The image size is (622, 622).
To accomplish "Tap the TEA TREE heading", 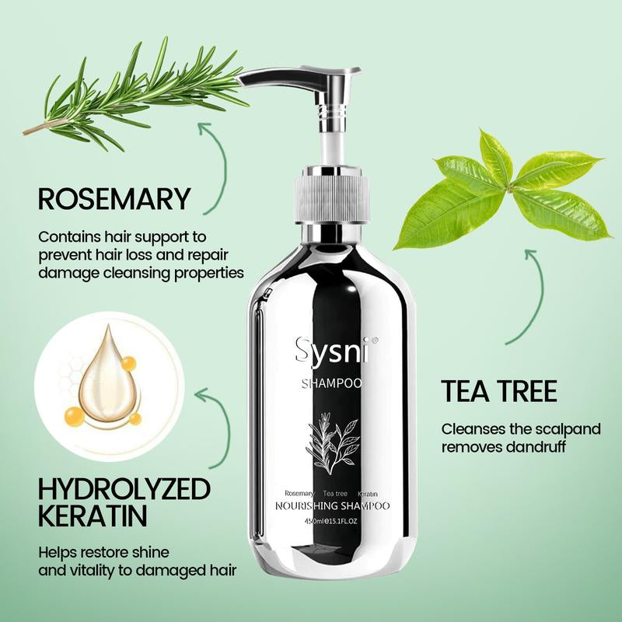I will [x=499, y=390].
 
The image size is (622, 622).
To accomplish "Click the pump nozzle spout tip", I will [x=247, y=80].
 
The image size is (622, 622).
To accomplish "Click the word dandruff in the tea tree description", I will [x=533, y=447].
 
